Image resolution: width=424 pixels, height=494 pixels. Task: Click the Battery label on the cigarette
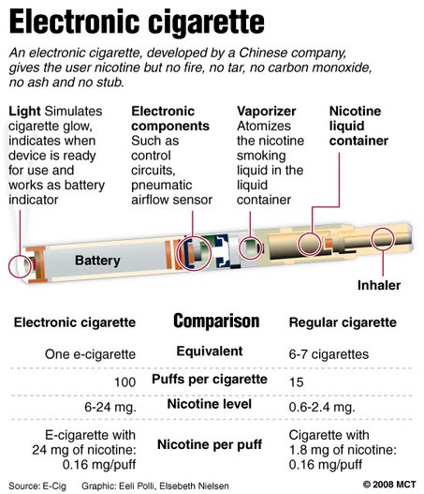point(97,261)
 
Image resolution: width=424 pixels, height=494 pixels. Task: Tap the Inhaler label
point(379,285)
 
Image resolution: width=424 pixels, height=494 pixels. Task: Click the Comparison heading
point(216,322)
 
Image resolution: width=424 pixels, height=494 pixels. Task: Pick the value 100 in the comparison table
point(124,382)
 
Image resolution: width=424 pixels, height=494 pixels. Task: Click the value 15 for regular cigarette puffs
point(297,382)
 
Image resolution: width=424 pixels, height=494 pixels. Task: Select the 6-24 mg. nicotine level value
point(110,407)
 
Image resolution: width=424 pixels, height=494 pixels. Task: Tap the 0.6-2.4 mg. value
point(322,407)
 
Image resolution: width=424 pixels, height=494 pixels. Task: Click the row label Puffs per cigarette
point(210,379)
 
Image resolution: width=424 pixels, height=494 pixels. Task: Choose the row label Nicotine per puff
point(210,444)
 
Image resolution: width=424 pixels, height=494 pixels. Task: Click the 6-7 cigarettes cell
point(329,354)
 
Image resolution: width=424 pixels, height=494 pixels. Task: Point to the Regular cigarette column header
point(343,322)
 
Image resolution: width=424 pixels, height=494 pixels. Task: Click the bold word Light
point(24,112)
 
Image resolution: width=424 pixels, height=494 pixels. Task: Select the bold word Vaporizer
point(267,112)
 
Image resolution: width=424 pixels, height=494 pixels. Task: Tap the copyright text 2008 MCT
point(389,485)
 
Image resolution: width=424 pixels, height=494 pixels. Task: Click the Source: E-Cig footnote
point(37,487)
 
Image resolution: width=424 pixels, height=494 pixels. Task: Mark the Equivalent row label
point(210,351)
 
